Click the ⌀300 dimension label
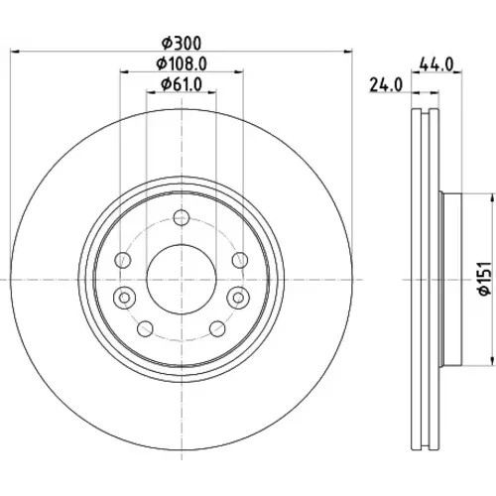[182, 44]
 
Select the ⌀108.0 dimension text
[182, 63]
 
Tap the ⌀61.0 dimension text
[182, 84]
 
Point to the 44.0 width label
[436, 64]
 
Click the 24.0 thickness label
[386, 85]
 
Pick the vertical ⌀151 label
[485, 279]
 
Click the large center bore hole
[182, 280]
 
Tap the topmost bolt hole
[182, 217]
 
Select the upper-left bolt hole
[123, 260]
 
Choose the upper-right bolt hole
[240, 260]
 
